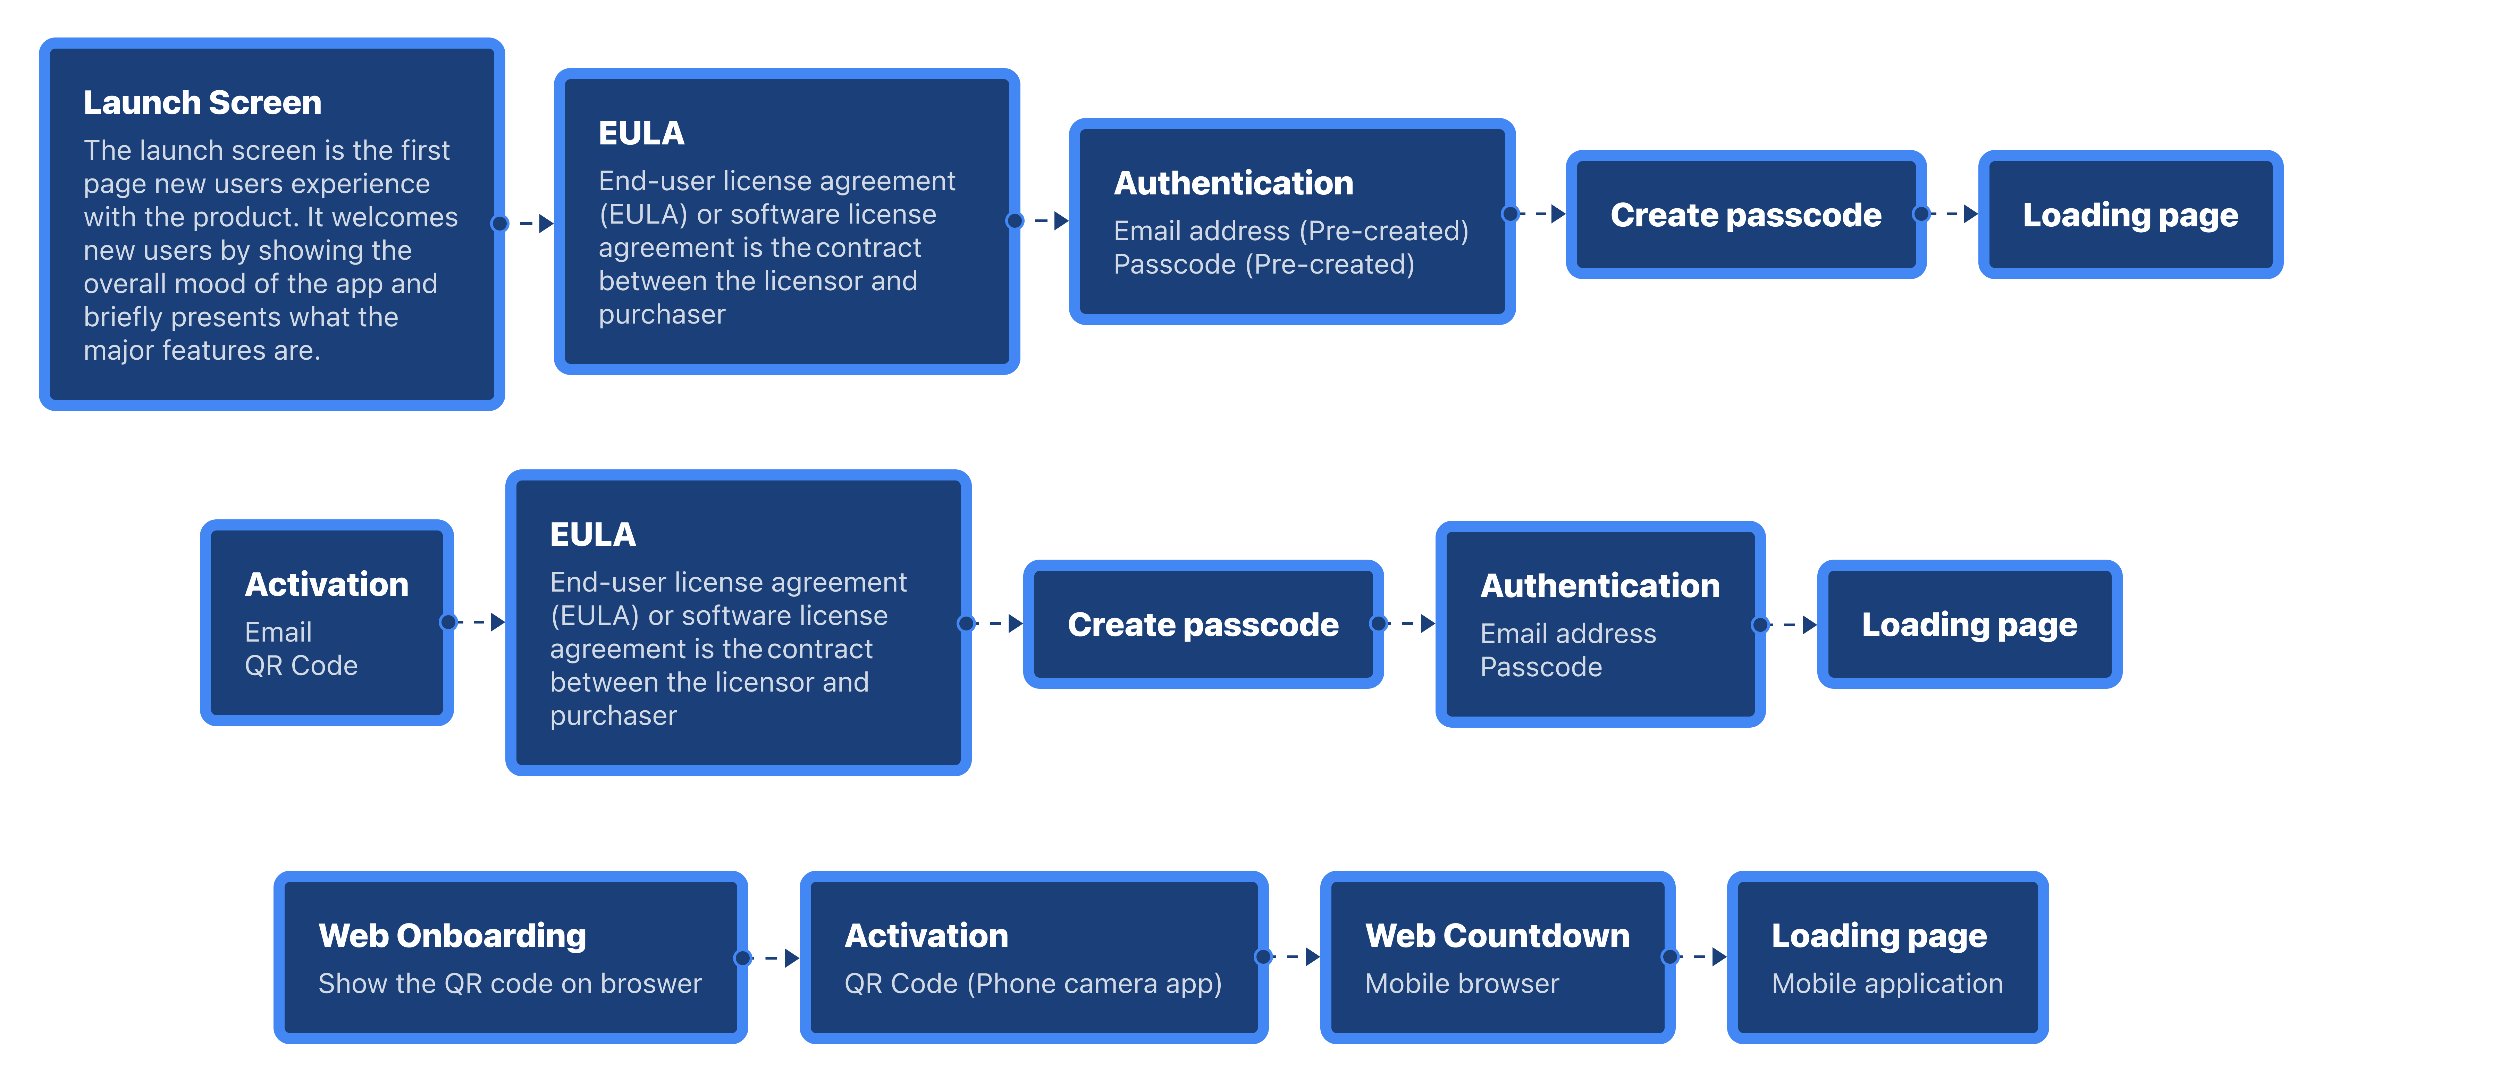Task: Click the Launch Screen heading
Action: pyautogui.click(x=202, y=102)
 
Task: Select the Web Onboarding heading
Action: pyautogui.click(x=452, y=935)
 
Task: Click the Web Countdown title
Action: pyautogui.click(x=1497, y=935)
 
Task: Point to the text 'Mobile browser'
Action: pyautogui.click(x=1462, y=983)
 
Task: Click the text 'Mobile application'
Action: pyautogui.click(x=1887, y=983)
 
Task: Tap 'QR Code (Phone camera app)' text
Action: pyautogui.click(x=1033, y=983)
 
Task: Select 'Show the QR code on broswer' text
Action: pyautogui.click(x=509, y=983)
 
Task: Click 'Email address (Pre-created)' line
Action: pyautogui.click(x=1291, y=231)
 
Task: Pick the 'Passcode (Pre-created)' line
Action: pyautogui.click(x=1264, y=264)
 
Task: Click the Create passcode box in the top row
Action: pyautogui.click(x=1746, y=215)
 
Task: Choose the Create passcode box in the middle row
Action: pyautogui.click(x=1203, y=624)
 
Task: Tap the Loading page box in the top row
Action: pyautogui.click(x=2130, y=215)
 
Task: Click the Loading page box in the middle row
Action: pyautogui.click(x=1969, y=624)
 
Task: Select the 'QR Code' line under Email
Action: pyautogui.click(x=301, y=666)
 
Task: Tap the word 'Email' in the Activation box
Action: pyautogui.click(x=278, y=632)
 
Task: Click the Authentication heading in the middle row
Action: pyautogui.click(x=1600, y=585)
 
